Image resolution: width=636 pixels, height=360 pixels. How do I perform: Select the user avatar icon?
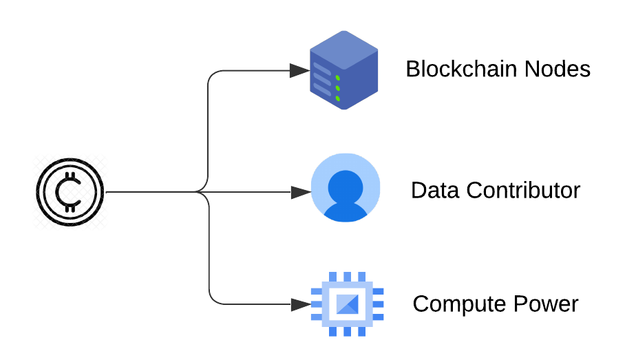click(346, 189)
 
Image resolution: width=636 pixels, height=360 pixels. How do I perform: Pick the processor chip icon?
click(347, 303)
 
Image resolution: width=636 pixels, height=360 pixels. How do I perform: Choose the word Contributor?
click(522, 190)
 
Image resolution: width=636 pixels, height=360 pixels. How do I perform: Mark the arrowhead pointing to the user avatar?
click(300, 192)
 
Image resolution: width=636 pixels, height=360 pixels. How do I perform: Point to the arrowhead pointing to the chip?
click(300, 304)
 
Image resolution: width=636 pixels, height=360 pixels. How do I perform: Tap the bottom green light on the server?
click(338, 99)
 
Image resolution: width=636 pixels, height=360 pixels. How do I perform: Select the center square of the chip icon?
click(347, 303)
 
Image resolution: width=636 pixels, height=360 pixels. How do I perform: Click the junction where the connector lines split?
click(204, 192)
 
